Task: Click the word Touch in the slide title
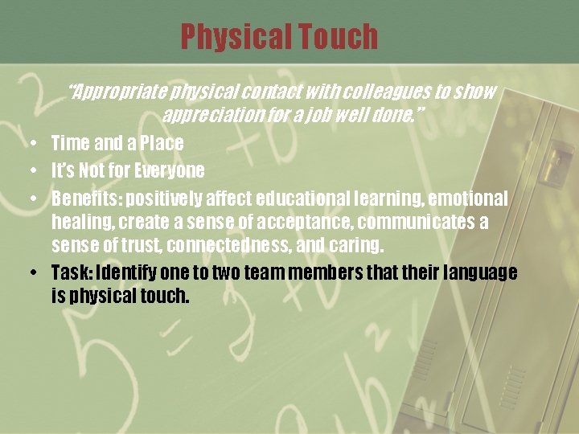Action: [x=337, y=36]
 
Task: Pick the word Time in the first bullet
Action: [x=71, y=144]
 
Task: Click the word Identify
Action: [x=128, y=272]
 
